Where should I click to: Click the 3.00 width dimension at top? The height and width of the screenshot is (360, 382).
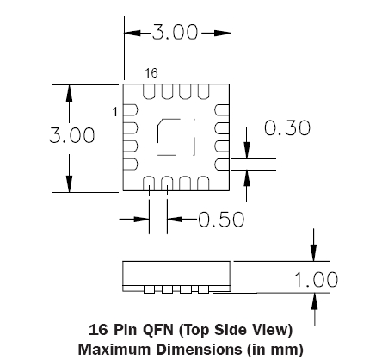tap(175, 32)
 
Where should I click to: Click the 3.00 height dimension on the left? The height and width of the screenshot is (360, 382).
tap(71, 135)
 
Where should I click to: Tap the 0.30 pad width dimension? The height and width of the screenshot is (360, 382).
tap(287, 128)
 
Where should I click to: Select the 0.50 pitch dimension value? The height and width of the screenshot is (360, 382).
tap(221, 220)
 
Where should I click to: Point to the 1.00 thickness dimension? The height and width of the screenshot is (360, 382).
tap(317, 280)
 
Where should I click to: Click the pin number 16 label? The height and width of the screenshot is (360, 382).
tap(151, 73)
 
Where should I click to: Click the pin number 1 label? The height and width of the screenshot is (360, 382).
tap(115, 112)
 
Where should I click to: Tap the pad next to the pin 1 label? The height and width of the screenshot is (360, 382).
tap(131, 110)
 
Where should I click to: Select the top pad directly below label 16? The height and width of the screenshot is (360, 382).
tap(149, 91)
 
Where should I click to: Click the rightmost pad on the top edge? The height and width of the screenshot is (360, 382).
tap(203, 91)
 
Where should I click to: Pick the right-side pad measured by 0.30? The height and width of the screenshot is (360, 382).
tap(222, 164)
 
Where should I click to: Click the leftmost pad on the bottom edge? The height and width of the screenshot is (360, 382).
tap(149, 183)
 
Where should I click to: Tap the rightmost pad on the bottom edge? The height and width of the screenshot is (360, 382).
tap(203, 183)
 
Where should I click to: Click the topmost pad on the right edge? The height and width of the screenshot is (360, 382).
tap(222, 110)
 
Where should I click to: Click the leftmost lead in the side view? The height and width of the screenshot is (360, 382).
tap(149, 289)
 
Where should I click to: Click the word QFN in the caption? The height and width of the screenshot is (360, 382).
tap(158, 330)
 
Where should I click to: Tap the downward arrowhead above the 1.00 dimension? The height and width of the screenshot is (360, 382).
tap(314, 253)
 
